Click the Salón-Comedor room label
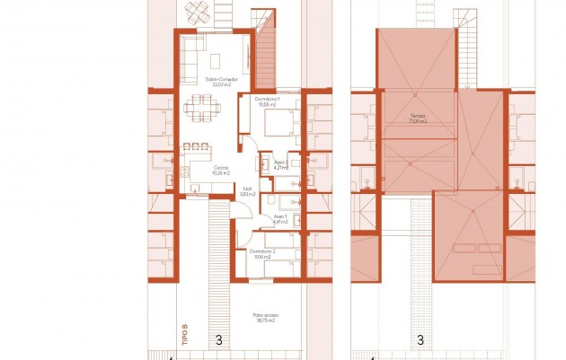(x=221, y=82)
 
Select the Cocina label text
(x=220, y=168)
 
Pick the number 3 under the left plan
(x=219, y=340)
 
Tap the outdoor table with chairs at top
(x=199, y=13)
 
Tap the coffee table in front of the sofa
(x=218, y=59)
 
